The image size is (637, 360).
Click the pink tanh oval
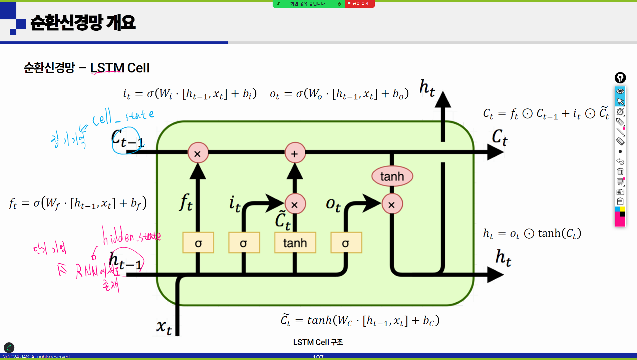coord(392,176)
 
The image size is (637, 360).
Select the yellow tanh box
coord(295,243)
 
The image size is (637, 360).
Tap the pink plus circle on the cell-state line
coord(295,153)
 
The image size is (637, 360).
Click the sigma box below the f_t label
coord(198,243)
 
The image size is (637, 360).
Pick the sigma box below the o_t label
coord(346,243)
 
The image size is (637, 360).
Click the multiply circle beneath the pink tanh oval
coord(392,205)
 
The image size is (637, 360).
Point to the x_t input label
coord(164,327)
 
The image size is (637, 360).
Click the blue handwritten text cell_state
coord(123,116)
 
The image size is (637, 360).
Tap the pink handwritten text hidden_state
coord(131,235)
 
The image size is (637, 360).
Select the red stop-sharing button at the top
coord(360,4)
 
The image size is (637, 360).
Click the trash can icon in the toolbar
coord(620,171)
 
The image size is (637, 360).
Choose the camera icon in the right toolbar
coord(620,192)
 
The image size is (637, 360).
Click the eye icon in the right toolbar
coord(620,91)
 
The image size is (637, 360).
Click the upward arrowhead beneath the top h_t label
coord(443,99)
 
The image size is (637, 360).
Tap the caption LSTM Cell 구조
coord(318,342)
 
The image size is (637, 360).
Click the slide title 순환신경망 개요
coord(83,23)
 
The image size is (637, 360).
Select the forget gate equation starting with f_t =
coord(78,203)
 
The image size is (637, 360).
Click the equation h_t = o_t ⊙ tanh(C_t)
coord(532,234)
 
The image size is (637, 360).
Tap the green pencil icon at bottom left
coord(9,347)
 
